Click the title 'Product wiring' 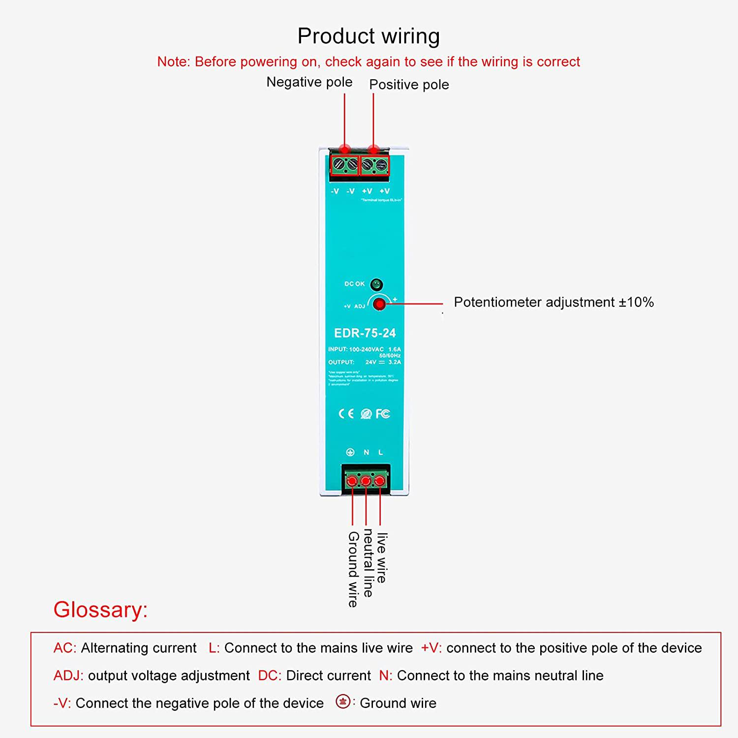369,36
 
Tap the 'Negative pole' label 309,82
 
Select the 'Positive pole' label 409,85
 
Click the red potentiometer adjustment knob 379,304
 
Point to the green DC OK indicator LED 376,284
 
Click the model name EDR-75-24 365,333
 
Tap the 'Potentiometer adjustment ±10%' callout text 553,302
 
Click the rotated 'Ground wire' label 353,569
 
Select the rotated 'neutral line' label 368,563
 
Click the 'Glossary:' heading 100,610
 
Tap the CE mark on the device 346,414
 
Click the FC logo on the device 383,414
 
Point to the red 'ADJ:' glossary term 68,676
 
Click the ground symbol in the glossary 343,701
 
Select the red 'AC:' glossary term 64,648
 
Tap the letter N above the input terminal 366,452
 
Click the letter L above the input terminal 380,452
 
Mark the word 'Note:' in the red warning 173,62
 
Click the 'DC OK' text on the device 354,284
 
